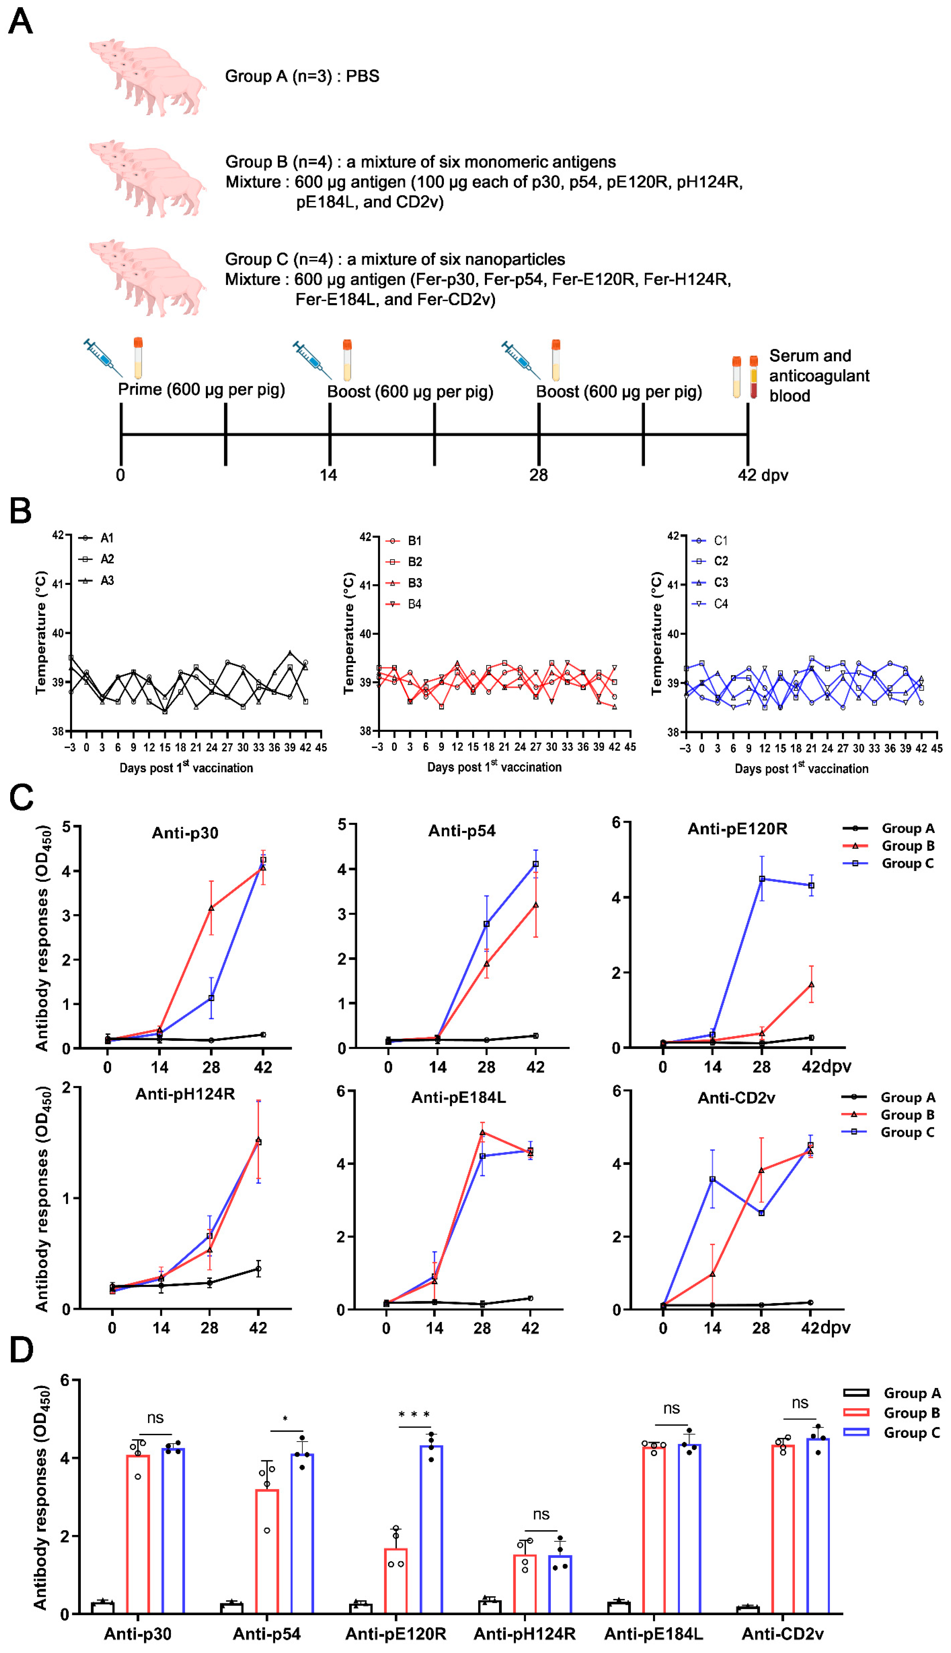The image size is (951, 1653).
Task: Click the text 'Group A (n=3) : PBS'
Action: [x=302, y=77]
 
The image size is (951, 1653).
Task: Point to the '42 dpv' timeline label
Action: [x=762, y=475]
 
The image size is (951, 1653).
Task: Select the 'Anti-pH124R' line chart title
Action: [x=185, y=1094]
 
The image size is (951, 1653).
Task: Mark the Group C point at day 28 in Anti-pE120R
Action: [x=762, y=879]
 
